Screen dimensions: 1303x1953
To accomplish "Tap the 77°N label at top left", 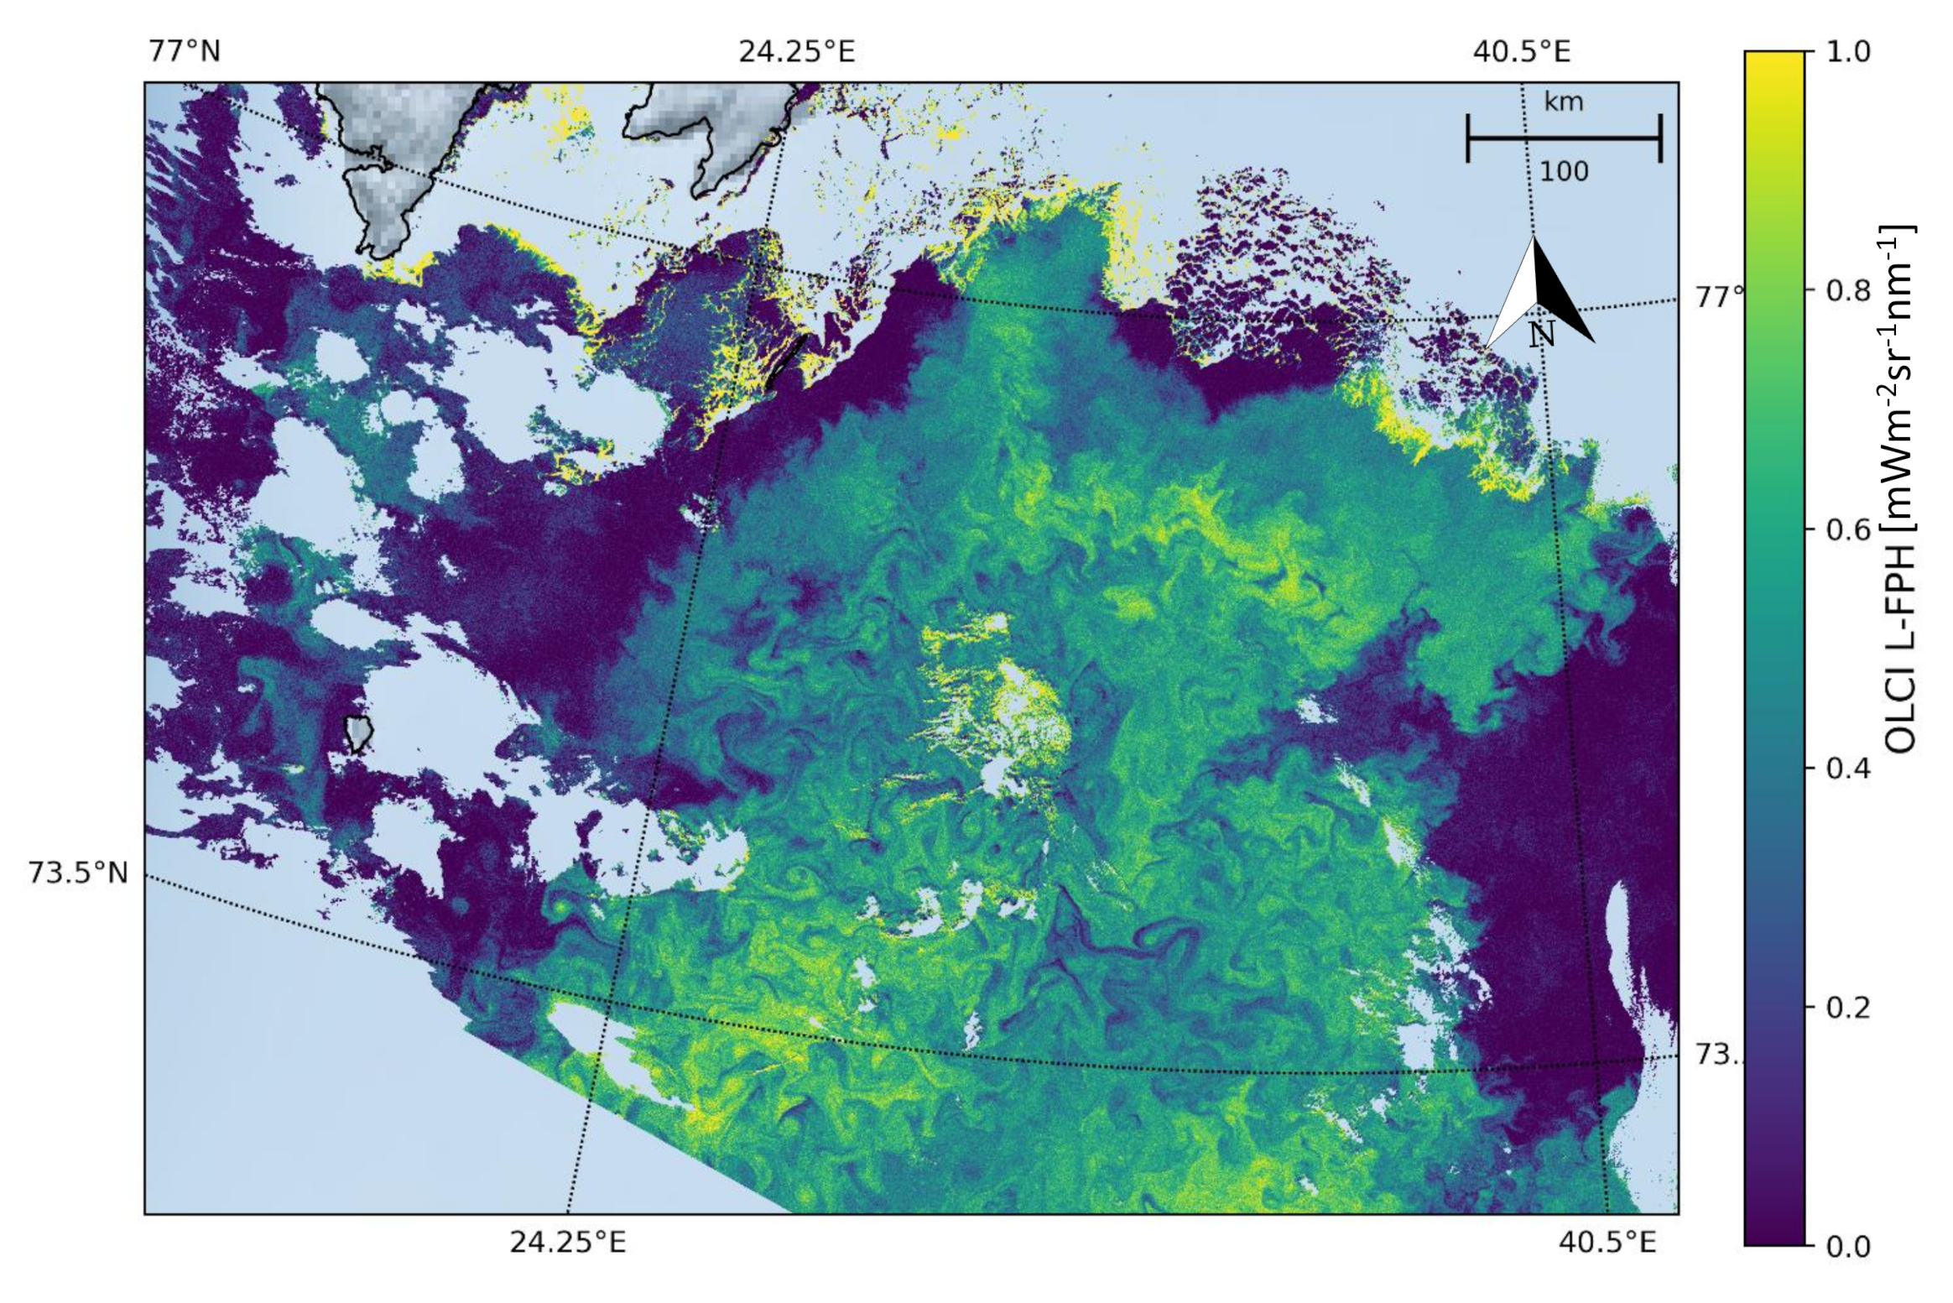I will pyautogui.click(x=184, y=52).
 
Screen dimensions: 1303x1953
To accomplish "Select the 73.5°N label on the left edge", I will pyautogui.click(x=78, y=873).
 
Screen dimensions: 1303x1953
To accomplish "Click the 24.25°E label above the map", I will pyautogui.click(x=796, y=52).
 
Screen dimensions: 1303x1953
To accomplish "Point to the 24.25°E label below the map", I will pyautogui.click(x=567, y=1243).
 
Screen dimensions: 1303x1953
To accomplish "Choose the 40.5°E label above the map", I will pyautogui.click(x=1521, y=52).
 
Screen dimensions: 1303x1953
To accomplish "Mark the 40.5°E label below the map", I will pyautogui.click(x=1607, y=1243).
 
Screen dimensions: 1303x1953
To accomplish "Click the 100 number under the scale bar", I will pyautogui.click(x=1564, y=172).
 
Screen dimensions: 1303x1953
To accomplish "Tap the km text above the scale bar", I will pyautogui.click(x=1564, y=102).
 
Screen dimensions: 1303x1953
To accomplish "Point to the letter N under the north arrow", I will pyautogui.click(x=1542, y=335).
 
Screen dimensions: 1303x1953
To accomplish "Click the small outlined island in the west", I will pyautogui.click(x=359, y=733).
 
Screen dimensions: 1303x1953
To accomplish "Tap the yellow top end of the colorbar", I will pyautogui.click(x=1773, y=63).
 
